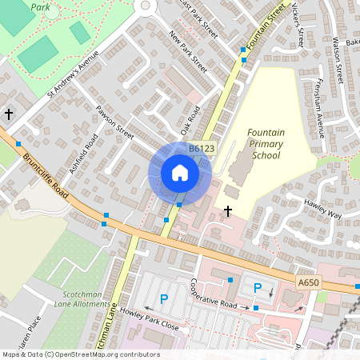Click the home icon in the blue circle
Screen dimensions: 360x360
point(180,173)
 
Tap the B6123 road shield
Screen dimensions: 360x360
point(202,149)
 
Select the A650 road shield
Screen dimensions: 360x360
point(307,283)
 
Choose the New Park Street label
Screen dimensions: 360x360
point(188,52)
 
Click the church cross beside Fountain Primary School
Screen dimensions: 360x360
point(228,211)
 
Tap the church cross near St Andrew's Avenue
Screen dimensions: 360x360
point(9,114)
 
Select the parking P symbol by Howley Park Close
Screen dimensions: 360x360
point(164,299)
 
